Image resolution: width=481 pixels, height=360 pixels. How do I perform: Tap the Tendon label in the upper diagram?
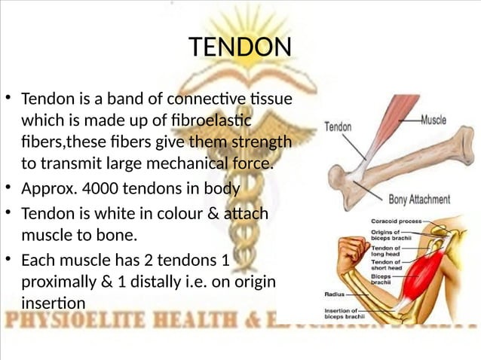[x=337, y=127]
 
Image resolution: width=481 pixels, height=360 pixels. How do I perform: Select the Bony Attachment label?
[x=419, y=200]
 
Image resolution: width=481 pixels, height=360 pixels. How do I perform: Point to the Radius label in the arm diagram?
[x=335, y=294]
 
